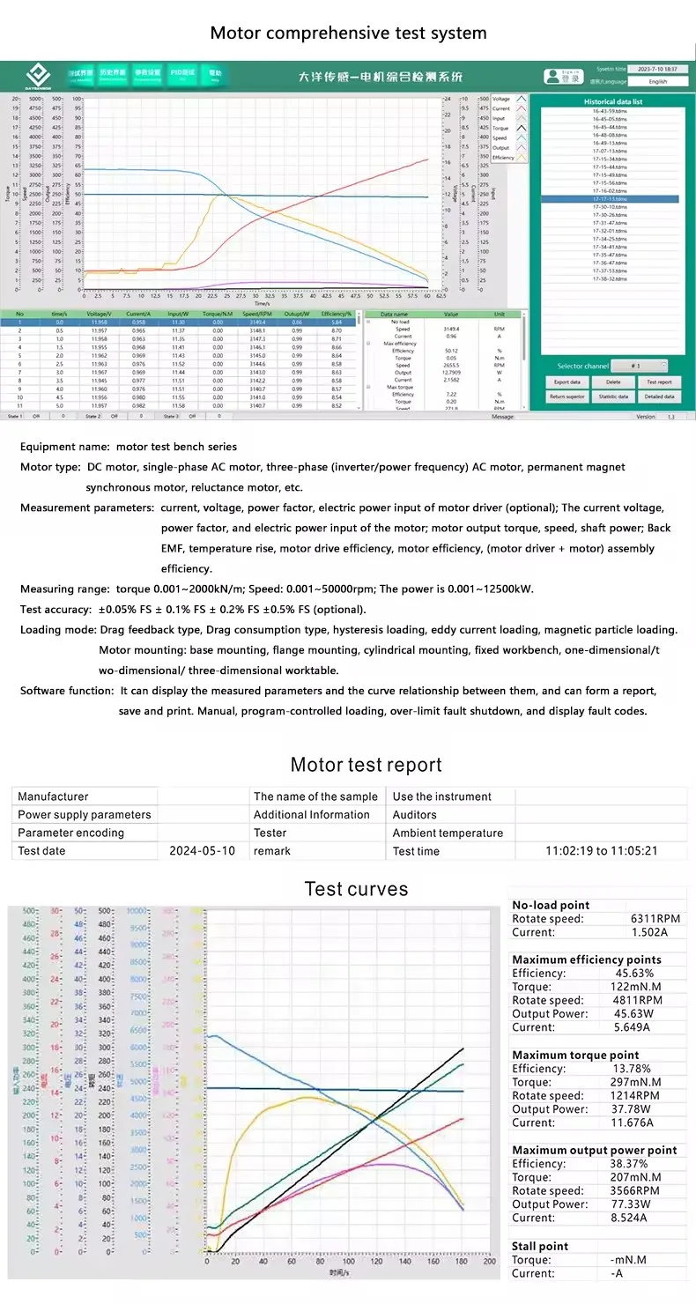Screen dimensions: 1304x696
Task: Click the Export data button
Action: (566, 382)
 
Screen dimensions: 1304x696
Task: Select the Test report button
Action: (659, 382)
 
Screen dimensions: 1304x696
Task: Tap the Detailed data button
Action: (659, 396)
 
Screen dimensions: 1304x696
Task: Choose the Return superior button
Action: (566, 396)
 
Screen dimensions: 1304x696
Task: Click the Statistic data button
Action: (613, 396)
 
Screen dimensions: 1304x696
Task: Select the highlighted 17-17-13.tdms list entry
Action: (610, 199)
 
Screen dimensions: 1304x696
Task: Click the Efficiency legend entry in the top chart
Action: (503, 158)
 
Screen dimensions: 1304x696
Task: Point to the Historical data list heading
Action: (613, 101)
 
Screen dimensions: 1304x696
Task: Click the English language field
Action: (658, 81)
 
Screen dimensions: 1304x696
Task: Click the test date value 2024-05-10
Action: (202, 851)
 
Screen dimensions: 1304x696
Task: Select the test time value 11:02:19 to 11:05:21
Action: (602, 851)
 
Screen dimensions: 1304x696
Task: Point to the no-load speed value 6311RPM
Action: (650, 919)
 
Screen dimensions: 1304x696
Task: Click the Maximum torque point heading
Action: (575, 1055)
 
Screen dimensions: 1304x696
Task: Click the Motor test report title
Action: (366, 765)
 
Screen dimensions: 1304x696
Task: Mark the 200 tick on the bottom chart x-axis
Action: (489, 1262)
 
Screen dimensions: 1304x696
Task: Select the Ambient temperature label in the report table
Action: (448, 833)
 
